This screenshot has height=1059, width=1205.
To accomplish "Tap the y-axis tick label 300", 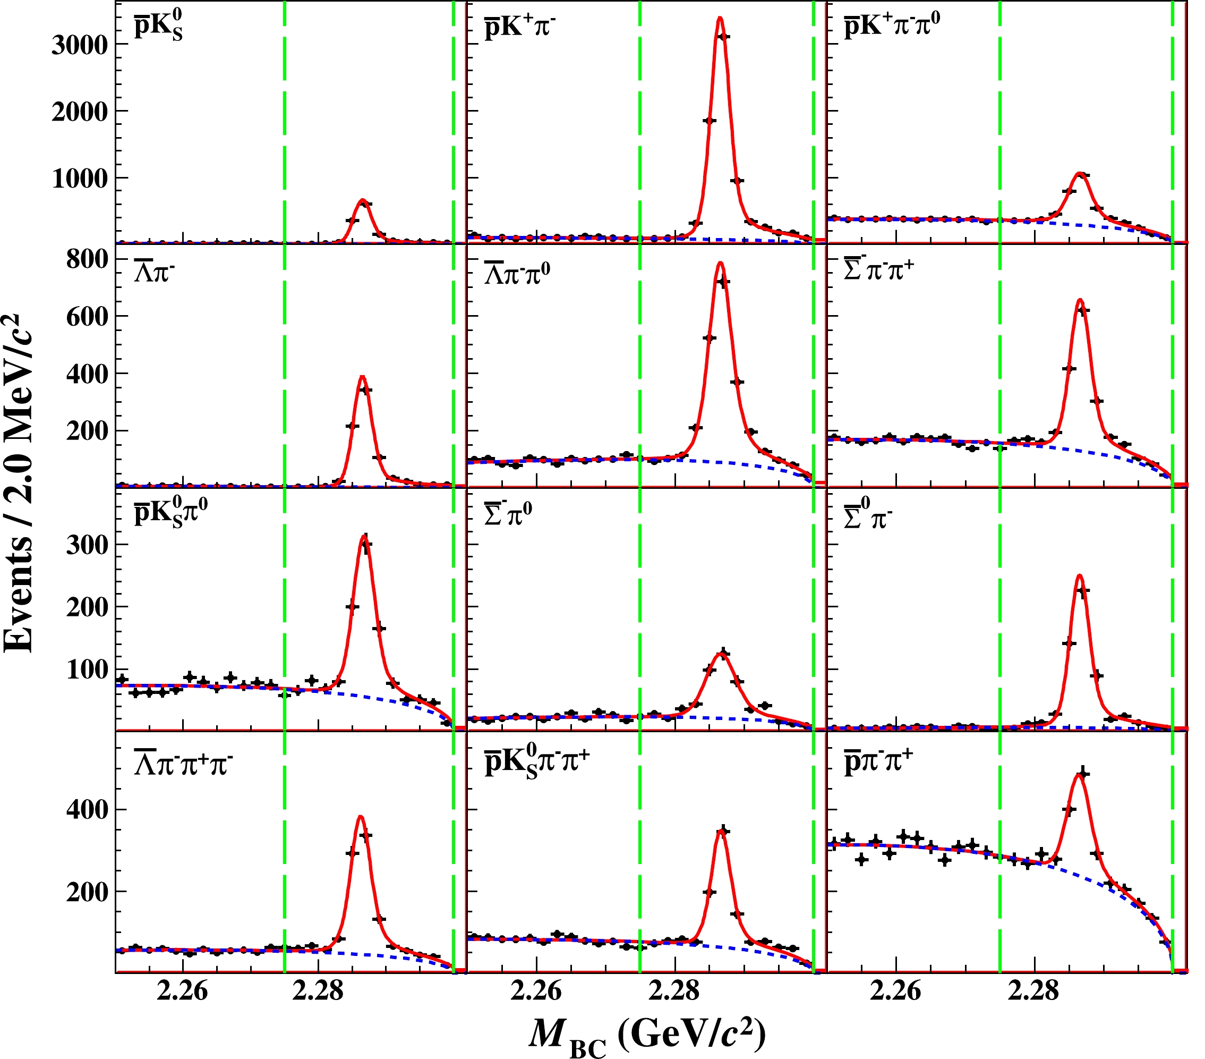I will (x=87, y=544).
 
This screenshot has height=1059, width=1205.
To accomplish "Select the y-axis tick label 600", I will (x=87, y=316).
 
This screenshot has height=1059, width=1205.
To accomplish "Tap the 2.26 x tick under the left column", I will (x=183, y=990).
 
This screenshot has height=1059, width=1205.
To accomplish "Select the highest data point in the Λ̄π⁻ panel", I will (x=365, y=390).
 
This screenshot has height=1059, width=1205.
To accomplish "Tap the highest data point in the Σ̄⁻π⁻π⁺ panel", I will (x=1083, y=310).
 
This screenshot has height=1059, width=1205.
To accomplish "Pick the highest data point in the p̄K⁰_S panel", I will (x=365, y=204).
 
